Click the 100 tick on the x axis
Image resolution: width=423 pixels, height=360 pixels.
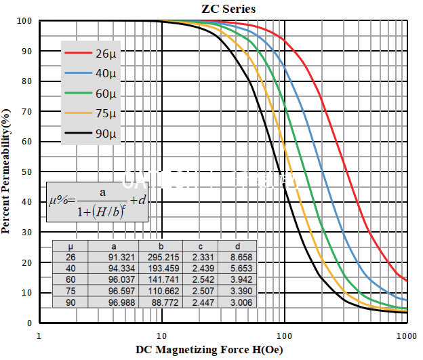point(284,336)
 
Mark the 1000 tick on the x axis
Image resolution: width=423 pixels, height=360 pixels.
point(406,336)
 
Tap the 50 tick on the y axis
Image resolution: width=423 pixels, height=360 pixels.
point(26,172)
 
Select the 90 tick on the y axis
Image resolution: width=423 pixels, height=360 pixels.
point(26,51)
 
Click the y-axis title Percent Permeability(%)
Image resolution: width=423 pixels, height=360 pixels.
point(7,170)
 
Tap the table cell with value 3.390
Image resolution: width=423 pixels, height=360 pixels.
point(239,292)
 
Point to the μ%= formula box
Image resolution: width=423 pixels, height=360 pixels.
point(97,201)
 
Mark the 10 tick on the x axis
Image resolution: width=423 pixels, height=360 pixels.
point(161,336)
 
